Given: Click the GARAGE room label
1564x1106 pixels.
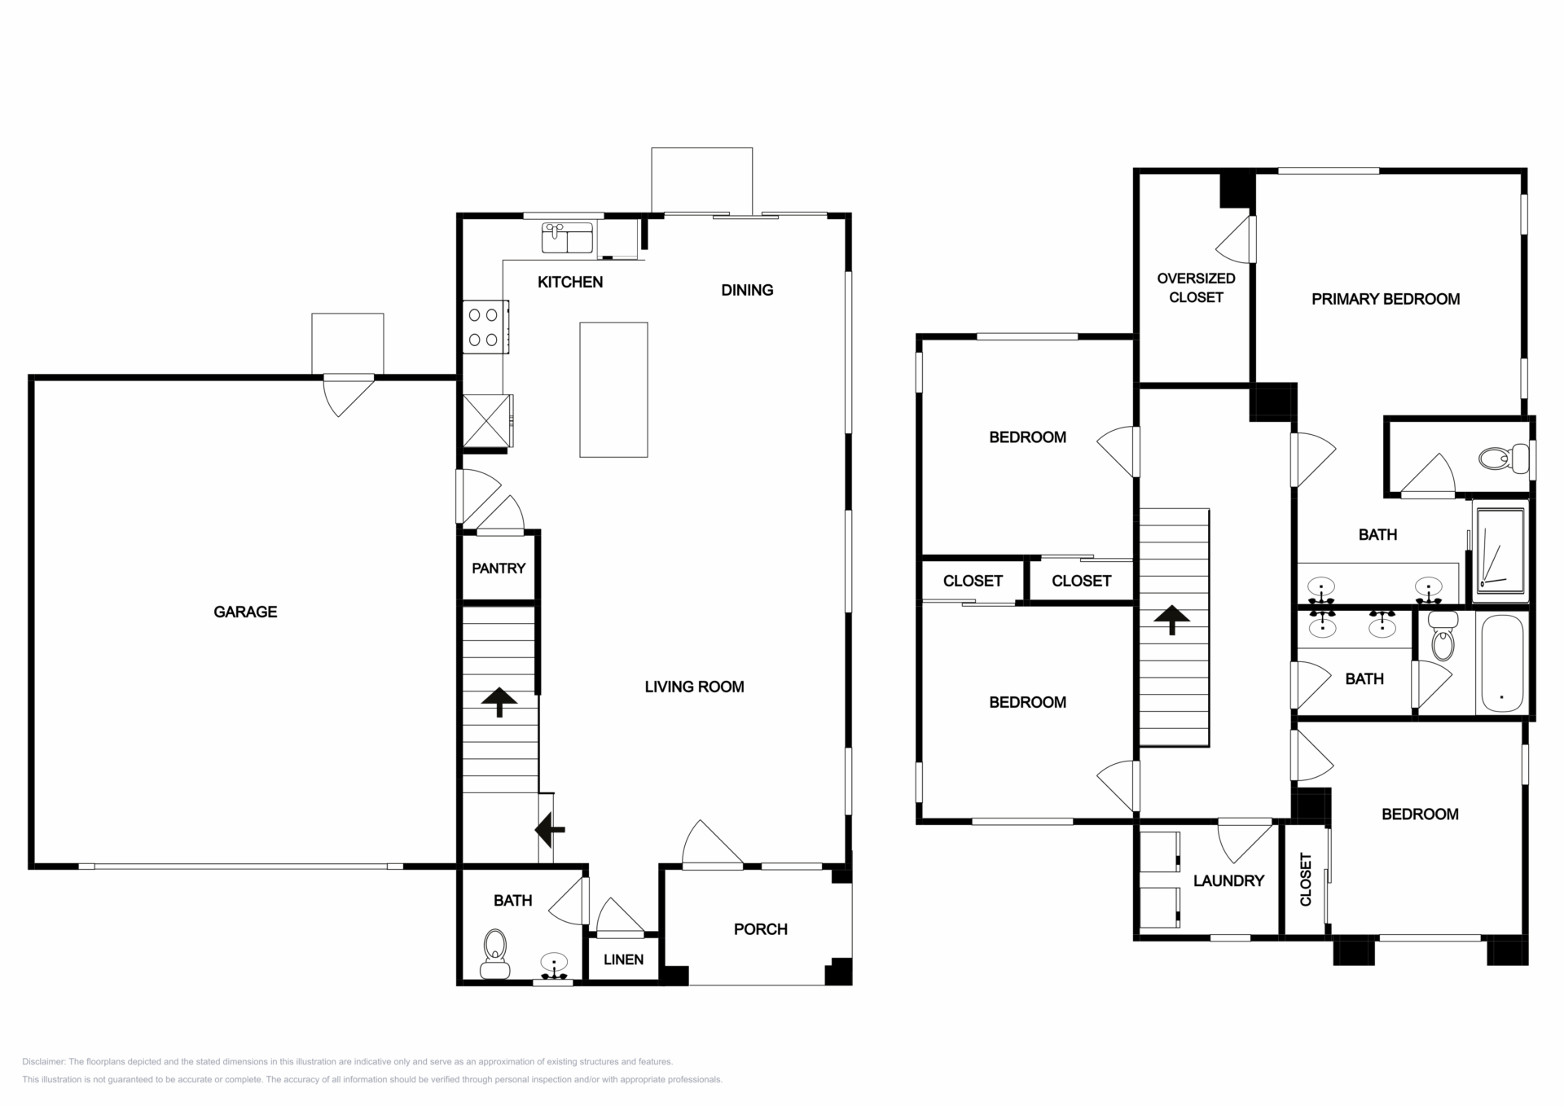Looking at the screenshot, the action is click(x=245, y=612).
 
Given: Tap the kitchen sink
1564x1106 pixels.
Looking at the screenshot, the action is click(x=567, y=237).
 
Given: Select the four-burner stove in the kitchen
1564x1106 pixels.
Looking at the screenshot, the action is click(x=485, y=327).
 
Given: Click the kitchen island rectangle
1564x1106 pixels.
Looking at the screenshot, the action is click(x=613, y=389).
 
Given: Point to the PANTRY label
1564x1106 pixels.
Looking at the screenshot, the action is click(x=499, y=568).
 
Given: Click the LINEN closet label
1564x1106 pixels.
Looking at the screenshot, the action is click(x=623, y=959).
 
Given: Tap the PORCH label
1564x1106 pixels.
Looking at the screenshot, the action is click(x=761, y=929).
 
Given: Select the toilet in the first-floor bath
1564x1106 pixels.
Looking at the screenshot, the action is click(x=494, y=954).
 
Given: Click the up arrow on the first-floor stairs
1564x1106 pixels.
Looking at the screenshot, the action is click(x=499, y=702).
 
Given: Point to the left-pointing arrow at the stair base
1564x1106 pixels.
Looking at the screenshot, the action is click(x=550, y=830).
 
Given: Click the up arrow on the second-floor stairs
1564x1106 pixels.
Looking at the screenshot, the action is click(x=1172, y=620).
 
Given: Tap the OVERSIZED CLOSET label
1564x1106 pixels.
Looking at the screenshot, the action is click(x=1196, y=287).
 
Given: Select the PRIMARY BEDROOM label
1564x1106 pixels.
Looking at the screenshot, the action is click(x=1386, y=299).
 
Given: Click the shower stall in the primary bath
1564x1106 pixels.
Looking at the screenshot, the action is click(x=1500, y=551).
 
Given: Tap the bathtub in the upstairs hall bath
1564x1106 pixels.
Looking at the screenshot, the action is click(x=1501, y=663).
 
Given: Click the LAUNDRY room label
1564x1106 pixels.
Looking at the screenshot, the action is click(x=1228, y=880).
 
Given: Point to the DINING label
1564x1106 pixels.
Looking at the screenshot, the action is click(x=747, y=290).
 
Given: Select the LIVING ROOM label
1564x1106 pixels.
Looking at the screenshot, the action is click(x=694, y=687).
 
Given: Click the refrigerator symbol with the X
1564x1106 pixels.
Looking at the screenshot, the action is click(x=487, y=420).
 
